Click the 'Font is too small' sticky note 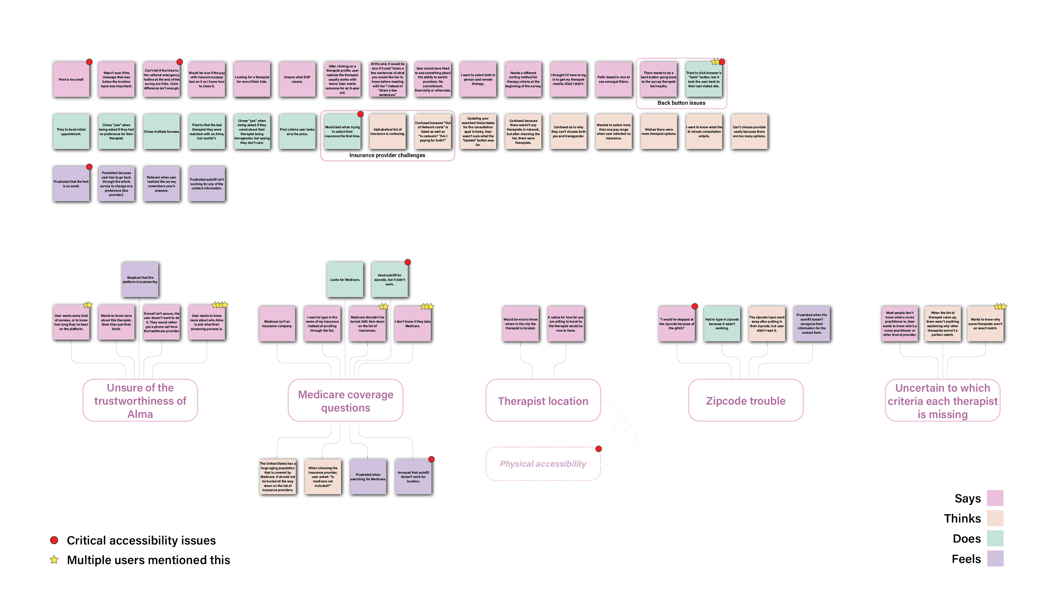[x=71, y=80]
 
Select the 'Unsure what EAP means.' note [x=297, y=80]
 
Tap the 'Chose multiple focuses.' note [x=161, y=132]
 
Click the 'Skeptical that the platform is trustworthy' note [x=140, y=280]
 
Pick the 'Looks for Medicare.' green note [x=345, y=280]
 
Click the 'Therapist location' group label [x=543, y=401]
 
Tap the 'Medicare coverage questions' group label [x=345, y=401]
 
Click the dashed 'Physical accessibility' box [x=543, y=464]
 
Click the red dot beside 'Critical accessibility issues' [x=54, y=540]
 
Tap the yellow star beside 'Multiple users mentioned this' [x=54, y=560]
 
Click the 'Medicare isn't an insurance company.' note [x=277, y=324]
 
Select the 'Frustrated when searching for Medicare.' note [x=368, y=477]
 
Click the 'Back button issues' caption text [x=681, y=103]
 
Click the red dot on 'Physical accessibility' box [x=599, y=449]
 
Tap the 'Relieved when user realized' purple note [x=161, y=184]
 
